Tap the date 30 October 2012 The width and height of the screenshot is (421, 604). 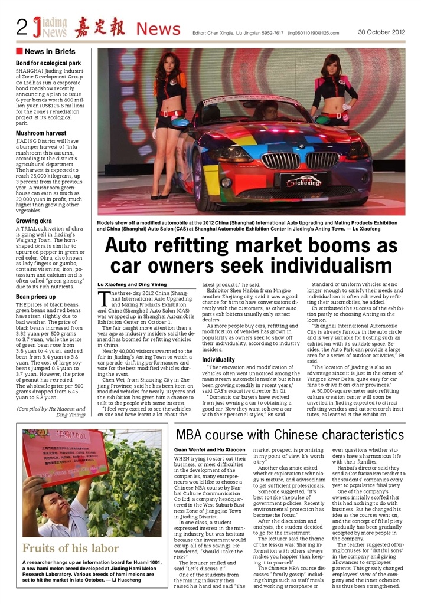(x=381, y=31)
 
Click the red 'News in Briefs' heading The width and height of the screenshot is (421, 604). (x=50, y=52)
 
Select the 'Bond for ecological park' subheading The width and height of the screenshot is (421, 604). (x=48, y=63)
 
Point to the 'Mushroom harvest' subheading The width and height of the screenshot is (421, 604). (x=41, y=134)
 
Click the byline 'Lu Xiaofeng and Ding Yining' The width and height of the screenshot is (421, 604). (x=131, y=284)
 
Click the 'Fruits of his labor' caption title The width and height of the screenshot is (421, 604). (x=71, y=549)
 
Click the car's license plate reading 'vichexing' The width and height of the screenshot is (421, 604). (x=302, y=183)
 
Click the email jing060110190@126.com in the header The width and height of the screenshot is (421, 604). (x=314, y=33)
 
